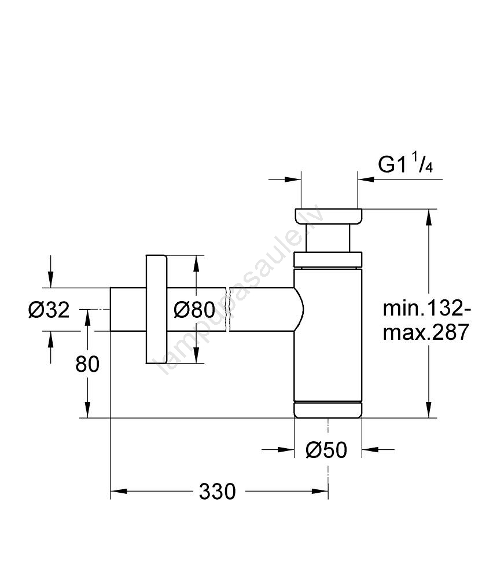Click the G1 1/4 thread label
click(406, 165)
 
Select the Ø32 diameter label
click(49, 310)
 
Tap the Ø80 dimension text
click(194, 310)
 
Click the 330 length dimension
click(218, 492)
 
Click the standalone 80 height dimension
click(87, 364)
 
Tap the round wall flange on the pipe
click(156, 309)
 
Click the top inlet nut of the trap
click(328, 215)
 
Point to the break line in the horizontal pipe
click(230, 309)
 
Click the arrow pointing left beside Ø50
click(370, 449)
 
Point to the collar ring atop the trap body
click(328, 260)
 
